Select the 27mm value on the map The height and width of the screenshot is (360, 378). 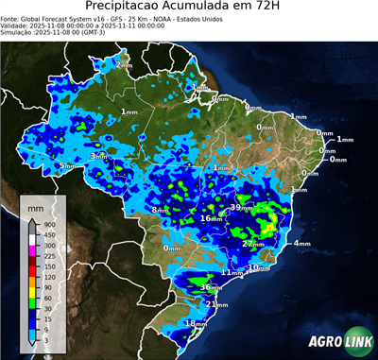252,244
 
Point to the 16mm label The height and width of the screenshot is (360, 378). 211,219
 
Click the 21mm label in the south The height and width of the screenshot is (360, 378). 216,305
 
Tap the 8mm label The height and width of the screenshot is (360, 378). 161,210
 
